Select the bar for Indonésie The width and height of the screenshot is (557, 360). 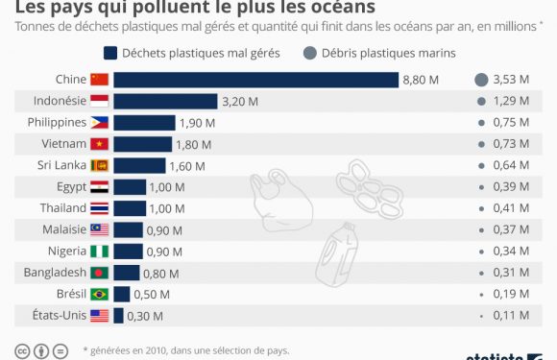(165, 101)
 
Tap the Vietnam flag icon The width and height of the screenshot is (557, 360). (100, 144)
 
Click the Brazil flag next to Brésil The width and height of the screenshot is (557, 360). (100, 294)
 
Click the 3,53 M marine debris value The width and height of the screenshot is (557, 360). (511, 80)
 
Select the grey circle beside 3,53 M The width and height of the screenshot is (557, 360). (481, 80)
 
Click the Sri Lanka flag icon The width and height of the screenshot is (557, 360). (100, 165)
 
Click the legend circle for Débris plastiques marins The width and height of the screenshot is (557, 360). (310, 53)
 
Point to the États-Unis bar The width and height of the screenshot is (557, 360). (118, 315)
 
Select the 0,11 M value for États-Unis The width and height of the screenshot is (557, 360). (511, 315)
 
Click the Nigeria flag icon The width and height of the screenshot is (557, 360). (100, 251)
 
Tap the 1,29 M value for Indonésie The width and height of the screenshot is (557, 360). (511, 101)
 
